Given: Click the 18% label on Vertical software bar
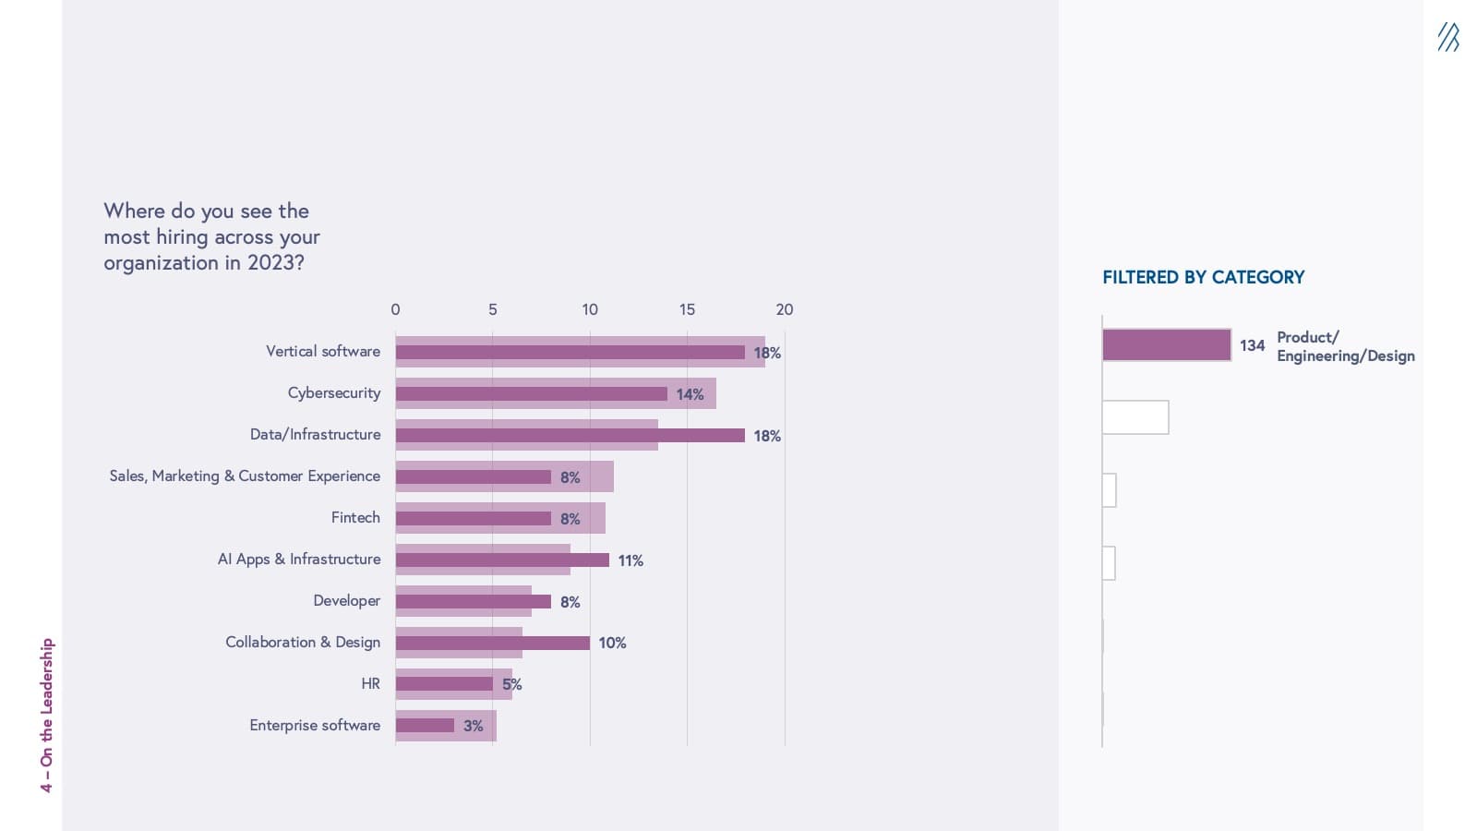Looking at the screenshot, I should pos(767,353).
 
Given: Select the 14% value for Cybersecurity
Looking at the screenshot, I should pos(690,394).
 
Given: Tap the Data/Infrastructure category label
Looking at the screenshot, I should pos(315,434).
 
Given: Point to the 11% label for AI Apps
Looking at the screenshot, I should pos(630,560).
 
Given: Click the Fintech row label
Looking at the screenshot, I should pos(355,517).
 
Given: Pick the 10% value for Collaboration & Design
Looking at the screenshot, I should pos(612,643).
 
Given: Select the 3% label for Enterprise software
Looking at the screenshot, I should pos(473,726).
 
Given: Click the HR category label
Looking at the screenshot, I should pos(370,683).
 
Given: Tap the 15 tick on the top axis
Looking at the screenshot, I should pos(687,309).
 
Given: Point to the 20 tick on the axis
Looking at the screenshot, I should pos(784,309).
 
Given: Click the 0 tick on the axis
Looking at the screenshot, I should pos(395,309).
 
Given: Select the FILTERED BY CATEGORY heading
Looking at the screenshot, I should pos(1203,277).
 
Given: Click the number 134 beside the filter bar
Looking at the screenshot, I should pos(1252,345).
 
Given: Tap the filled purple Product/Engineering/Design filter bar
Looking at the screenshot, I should pos(1166,345).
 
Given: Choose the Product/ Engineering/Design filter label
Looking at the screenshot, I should pos(1345,346).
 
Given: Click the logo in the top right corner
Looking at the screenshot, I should pos(1447,37).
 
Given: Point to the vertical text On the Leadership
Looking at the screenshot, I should pos(47,715).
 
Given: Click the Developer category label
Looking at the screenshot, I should pos(346,600).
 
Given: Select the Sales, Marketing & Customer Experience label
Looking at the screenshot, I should pos(245,476).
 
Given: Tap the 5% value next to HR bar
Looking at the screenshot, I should pos(511,684).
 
